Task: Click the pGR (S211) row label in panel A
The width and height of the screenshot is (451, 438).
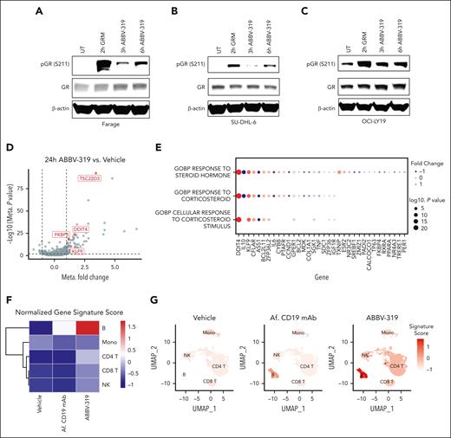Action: (31, 64)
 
